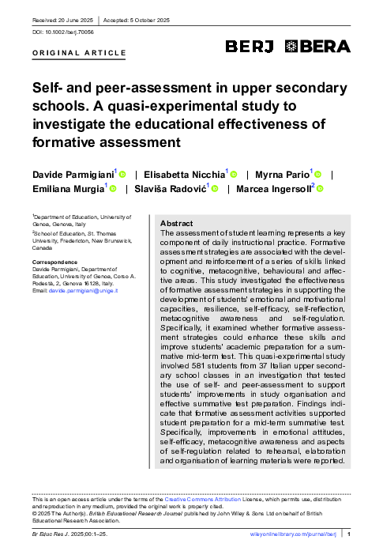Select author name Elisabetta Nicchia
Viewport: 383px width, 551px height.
pyautogui.click(x=185, y=173)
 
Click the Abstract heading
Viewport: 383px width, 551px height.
pyautogui.click(x=176, y=224)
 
